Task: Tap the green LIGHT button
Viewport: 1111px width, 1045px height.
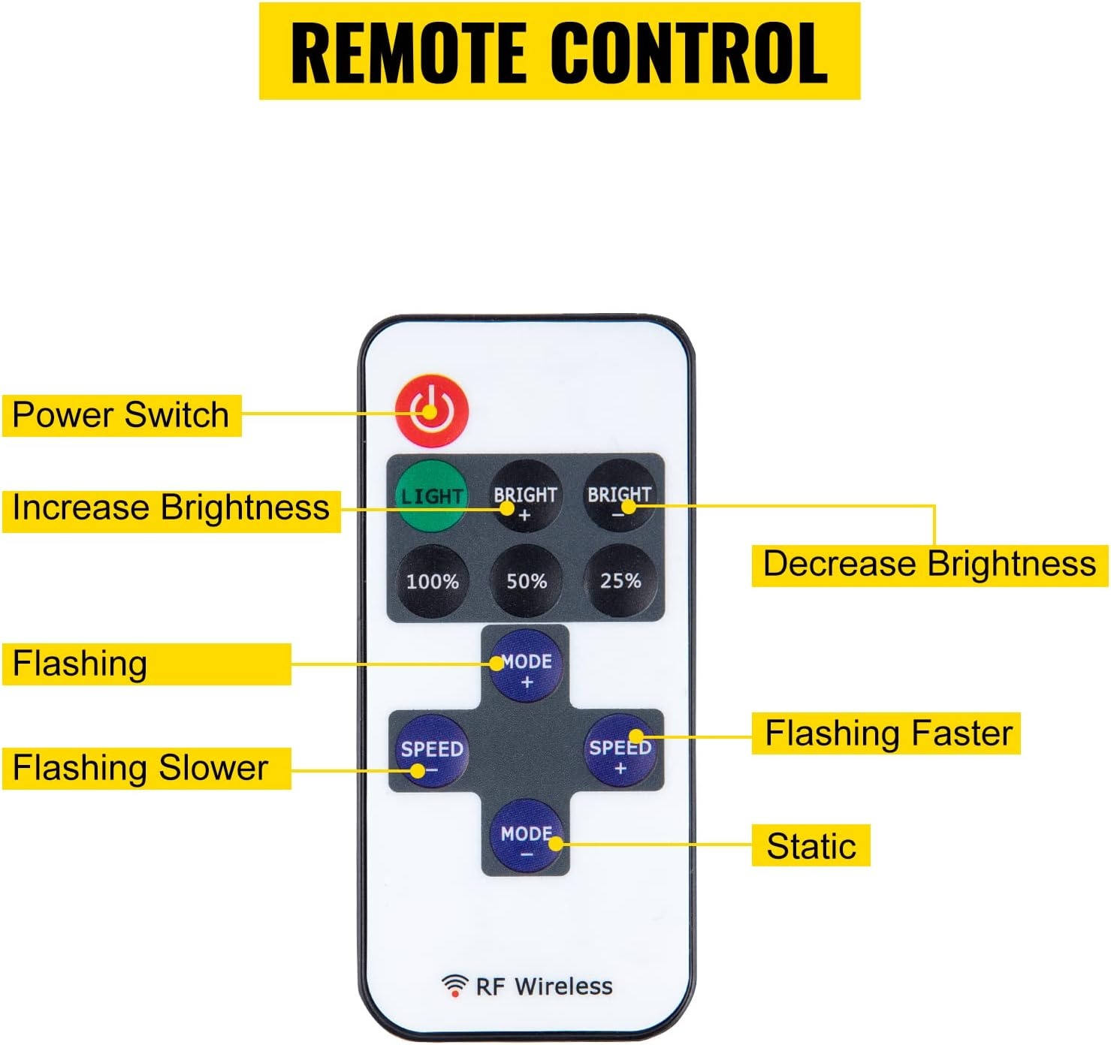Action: coord(431,496)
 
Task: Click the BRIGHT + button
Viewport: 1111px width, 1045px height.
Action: coord(525,496)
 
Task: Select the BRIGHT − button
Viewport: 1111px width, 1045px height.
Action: coord(619,495)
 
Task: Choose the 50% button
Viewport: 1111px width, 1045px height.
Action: coord(526,580)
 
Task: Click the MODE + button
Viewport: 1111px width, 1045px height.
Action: coord(527,665)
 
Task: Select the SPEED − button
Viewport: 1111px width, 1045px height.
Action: coord(432,750)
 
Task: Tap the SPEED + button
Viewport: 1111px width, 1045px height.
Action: coord(620,750)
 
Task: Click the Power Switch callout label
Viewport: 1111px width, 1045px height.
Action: coord(122,415)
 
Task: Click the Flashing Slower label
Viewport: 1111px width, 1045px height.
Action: coord(146,768)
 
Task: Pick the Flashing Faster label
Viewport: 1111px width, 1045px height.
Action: coord(886,733)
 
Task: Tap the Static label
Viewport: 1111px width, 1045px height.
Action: coord(811,845)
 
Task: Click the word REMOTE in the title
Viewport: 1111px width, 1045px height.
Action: coord(408,53)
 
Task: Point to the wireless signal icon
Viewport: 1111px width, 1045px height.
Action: coord(454,986)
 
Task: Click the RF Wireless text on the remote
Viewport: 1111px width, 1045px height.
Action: coord(544,987)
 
